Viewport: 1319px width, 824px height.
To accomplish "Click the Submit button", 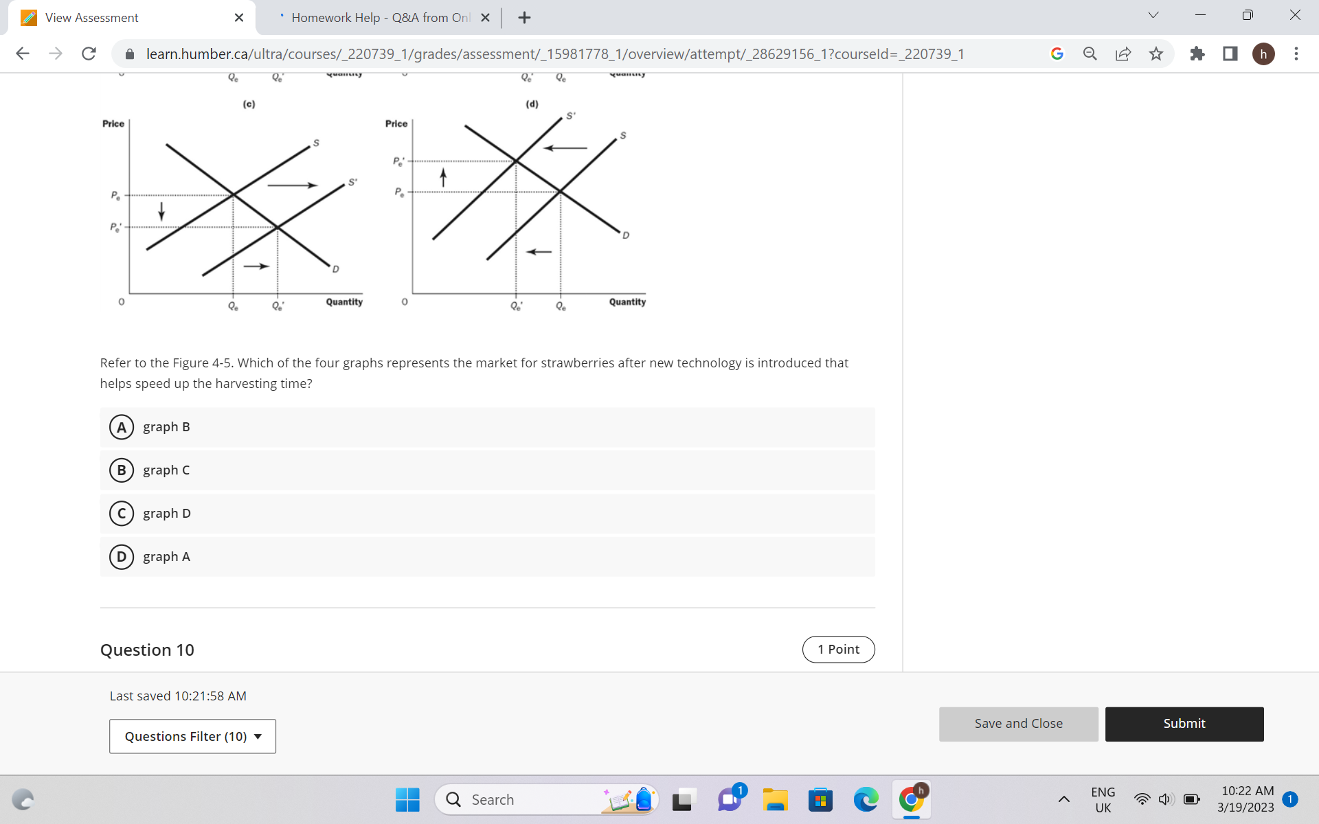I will pos(1184,724).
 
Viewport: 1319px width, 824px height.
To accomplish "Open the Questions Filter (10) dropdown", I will pos(192,736).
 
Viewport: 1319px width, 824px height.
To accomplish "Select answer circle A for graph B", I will pos(122,427).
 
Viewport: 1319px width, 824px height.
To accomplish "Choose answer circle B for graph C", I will pos(122,470).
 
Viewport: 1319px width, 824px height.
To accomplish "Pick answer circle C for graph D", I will pos(122,514).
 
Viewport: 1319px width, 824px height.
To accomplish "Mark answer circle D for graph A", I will pos(122,557).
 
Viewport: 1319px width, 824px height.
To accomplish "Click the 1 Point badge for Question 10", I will pos(838,650).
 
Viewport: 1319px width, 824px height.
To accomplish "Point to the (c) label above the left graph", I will pos(249,104).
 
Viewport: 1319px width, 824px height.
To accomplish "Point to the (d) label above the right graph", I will pos(532,104).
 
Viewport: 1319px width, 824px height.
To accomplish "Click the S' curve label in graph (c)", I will pos(352,183).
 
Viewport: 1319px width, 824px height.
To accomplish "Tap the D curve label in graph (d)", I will pos(626,236).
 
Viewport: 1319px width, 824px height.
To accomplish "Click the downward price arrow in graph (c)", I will pos(161,211).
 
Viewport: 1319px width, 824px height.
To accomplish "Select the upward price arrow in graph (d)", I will pos(443,177).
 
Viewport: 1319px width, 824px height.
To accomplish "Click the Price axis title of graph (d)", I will pos(396,124).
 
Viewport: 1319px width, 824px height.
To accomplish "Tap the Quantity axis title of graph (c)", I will pos(344,302).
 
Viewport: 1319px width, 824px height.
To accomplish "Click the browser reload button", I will pos(89,54).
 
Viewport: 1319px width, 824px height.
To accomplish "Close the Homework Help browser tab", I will pos(485,18).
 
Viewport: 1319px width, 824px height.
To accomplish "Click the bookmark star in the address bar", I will pos(1156,54).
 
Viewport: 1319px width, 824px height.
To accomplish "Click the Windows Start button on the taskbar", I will pos(407,799).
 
